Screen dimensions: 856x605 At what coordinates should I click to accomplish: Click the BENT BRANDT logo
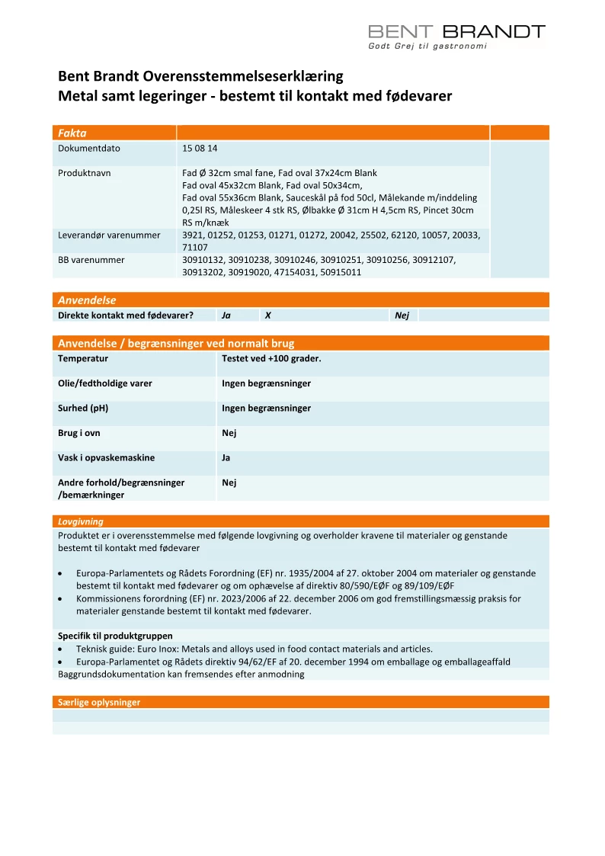(x=456, y=31)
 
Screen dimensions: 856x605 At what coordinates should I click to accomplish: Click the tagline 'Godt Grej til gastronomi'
(x=427, y=46)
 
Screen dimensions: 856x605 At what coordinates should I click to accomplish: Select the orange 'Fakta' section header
(x=72, y=133)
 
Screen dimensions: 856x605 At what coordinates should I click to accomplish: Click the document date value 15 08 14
(x=200, y=149)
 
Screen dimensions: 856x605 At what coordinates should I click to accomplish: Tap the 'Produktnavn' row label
(x=85, y=173)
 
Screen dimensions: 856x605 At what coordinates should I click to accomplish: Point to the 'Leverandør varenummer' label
(x=109, y=236)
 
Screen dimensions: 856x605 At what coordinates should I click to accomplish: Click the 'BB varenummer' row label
(x=91, y=260)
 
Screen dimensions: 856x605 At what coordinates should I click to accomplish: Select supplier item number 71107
(x=195, y=248)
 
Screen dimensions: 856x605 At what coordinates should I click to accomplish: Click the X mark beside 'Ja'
(x=267, y=315)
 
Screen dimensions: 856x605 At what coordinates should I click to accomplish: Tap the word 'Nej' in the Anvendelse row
(x=402, y=315)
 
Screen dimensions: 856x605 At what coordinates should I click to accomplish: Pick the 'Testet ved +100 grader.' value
(x=271, y=358)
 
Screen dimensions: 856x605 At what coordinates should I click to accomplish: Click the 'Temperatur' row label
(x=83, y=358)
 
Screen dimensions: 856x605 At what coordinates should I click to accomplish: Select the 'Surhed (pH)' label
(x=83, y=408)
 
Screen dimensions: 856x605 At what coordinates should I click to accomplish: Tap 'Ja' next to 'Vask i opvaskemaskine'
(x=226, y=458)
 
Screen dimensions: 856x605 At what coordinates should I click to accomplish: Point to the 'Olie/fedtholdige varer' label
(x=105, y=383)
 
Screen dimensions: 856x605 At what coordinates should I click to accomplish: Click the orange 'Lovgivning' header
(x=81, y=522)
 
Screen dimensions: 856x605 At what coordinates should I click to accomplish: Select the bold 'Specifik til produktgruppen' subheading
(x=115, y=636)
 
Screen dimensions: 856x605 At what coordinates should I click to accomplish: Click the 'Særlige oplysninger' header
(x=99, y=702)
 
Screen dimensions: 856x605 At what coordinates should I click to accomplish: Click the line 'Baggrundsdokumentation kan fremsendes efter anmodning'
(x=181, y=674)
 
